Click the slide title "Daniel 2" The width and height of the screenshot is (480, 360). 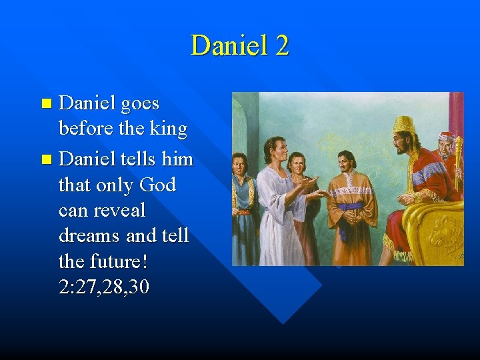click(239, 45)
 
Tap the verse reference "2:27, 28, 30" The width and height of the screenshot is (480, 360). click(104, 287)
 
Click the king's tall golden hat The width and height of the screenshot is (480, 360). click(404, 124)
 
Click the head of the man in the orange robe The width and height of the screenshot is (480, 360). click(346, 161)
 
